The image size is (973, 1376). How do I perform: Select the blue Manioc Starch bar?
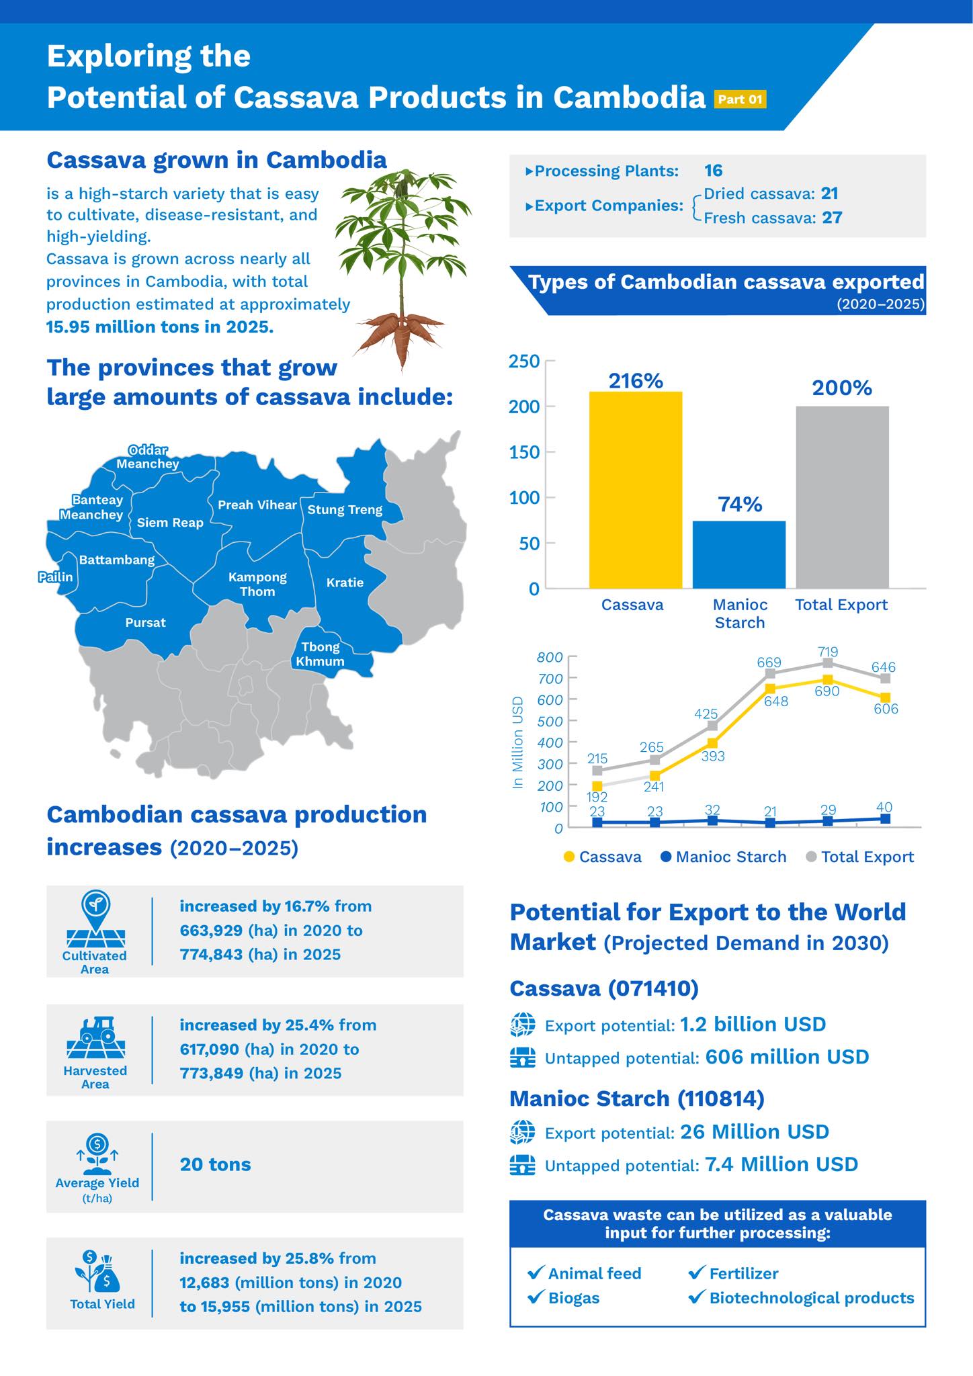(738, 554)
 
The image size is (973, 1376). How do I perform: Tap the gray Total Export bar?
(842, 497)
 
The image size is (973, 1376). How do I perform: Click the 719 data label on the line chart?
(828, 651)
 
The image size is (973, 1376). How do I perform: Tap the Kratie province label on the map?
(345, 583)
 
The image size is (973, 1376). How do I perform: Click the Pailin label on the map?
(55, 576)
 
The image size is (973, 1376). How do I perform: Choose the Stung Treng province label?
(345, 510)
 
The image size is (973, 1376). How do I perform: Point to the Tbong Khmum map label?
(320, 654)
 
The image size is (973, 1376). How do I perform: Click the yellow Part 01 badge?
(740, 99)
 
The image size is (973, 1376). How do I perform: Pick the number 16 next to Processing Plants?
(713, 171)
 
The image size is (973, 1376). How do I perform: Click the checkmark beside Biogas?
(536, 1297)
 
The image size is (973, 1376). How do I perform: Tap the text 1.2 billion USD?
(753, 1025)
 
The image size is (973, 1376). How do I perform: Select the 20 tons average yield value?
(215, 1164)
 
